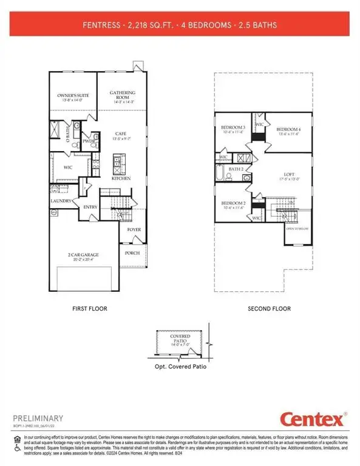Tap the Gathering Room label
pos(122,93)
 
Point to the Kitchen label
pos(121,179)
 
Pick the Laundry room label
pos(61,201)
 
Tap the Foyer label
pos(134,230)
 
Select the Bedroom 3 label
pos(232,127)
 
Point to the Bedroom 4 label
pos(288,130)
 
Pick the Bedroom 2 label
pos(232,203)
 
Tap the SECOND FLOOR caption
pos(269,309)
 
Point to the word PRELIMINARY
pos(38,418)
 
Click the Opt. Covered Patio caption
pos(180,368)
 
